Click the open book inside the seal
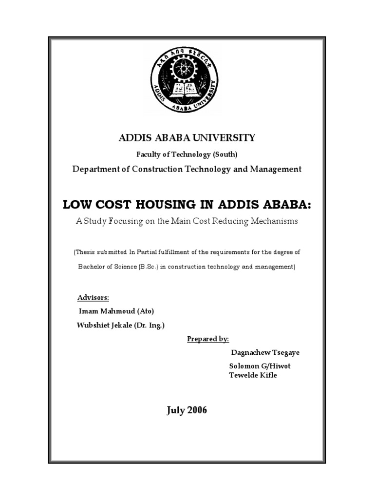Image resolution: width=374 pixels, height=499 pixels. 187,89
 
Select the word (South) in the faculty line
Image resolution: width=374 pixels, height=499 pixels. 224,154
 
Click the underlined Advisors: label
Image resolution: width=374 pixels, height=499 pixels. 93,297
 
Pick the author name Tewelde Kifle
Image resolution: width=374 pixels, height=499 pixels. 253,375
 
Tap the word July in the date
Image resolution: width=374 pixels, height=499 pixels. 176,410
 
